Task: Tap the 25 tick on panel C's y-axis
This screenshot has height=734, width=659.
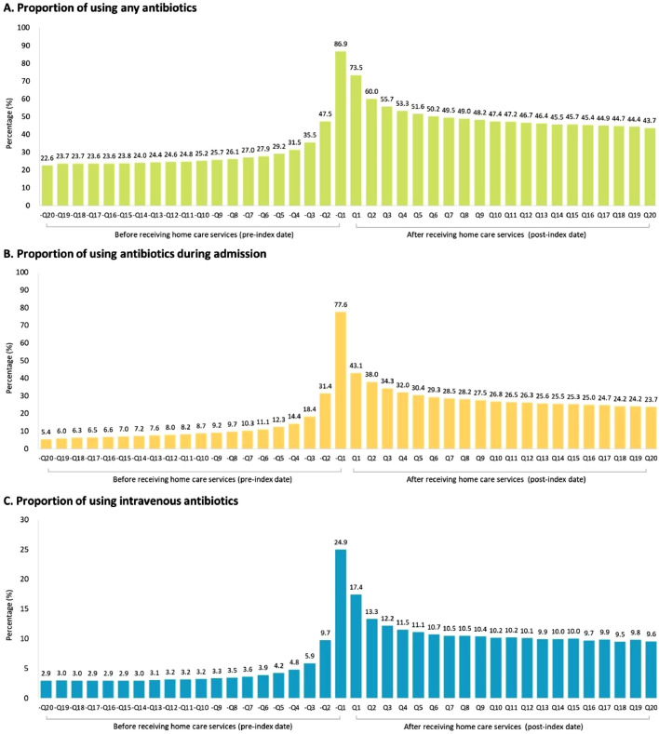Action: tap(23, 549)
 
